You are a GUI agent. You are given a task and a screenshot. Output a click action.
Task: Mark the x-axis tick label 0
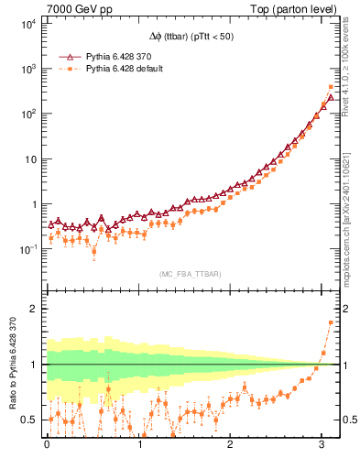pos(47,445)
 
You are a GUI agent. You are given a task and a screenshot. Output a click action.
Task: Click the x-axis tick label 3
pos(322,445)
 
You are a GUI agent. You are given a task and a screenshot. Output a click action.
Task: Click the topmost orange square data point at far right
pos(331,88)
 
